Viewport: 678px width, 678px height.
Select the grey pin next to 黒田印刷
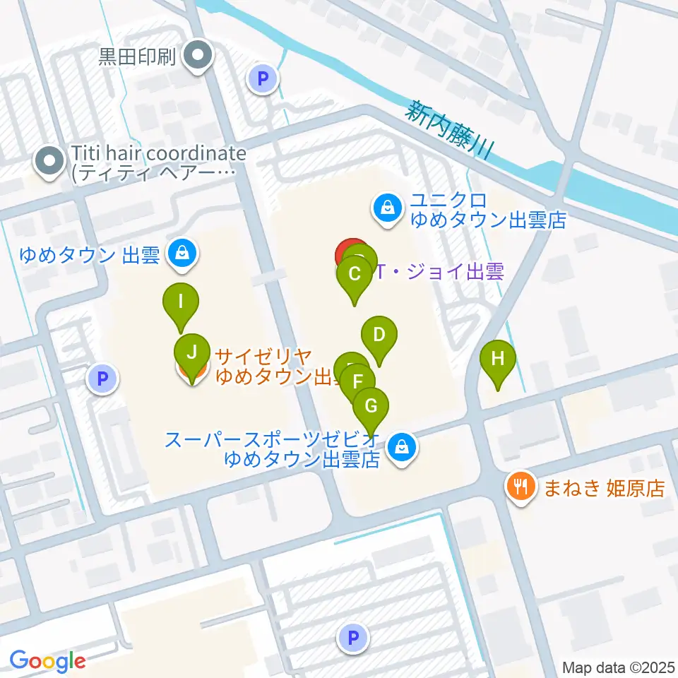tap(198, 56)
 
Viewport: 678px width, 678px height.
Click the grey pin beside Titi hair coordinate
tap(49, 162)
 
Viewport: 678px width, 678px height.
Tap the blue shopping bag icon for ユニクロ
tap(388, 208)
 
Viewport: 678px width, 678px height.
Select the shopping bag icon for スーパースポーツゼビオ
tap(402, 446)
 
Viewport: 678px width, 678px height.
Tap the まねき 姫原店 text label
tap(604, 488)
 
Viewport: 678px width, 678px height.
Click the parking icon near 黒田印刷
tap(264, 79)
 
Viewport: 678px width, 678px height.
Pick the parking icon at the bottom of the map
tap(353, 639)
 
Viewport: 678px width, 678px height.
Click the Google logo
tap(47, 661)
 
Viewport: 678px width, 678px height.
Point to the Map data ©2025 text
tap(619, 667)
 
